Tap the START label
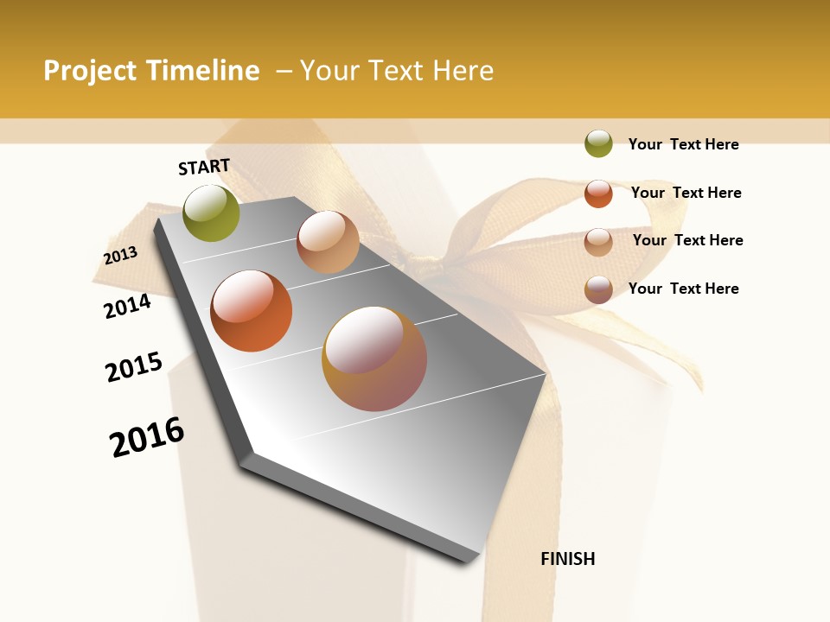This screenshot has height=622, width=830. (x=204, y=167)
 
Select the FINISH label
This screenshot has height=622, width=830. (x=568, y=559)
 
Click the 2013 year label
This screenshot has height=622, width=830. (x=121, y=256)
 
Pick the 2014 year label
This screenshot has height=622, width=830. (x=128, y=306)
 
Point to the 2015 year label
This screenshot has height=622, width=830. (x=134, y=367)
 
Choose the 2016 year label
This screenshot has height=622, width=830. (x=147, y=436)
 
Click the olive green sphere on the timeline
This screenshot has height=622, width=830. (x=212, y=213)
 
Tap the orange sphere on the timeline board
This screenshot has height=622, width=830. (x=252, y=311)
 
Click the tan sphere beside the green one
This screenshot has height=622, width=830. (x=328, y=242)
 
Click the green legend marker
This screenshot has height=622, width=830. (x=598, y=144)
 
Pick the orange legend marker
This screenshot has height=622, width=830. (x=598, y=194)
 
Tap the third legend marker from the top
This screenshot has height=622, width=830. (x=598, y=241)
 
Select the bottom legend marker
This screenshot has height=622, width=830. (x=598, y=289)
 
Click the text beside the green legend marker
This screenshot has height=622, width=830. (x=683, y=145)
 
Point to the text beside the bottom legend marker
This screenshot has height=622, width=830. (x=683, y=289)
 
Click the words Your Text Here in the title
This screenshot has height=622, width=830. (x=397, y=71)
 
